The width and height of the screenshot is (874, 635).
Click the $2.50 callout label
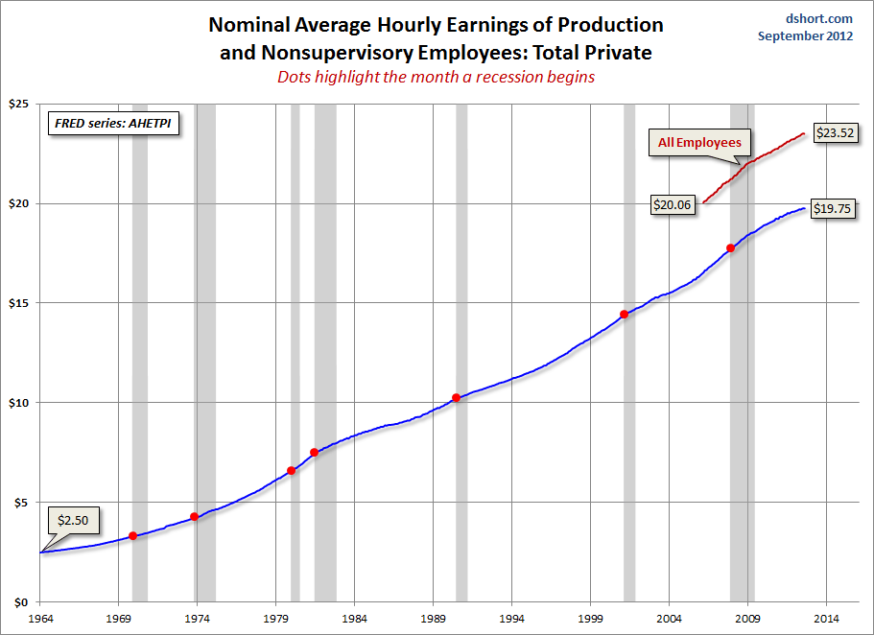72,520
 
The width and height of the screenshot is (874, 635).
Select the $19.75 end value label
832,208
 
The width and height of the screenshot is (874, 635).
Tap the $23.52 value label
833,133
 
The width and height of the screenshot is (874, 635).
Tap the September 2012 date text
805,36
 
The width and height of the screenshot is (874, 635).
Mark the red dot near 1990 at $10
456,398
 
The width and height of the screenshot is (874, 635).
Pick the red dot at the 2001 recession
624,315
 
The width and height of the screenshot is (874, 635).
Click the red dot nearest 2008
731,248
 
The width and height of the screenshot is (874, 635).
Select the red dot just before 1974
195,517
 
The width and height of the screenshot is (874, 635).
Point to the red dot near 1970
132,536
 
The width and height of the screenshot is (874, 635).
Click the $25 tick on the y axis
19,104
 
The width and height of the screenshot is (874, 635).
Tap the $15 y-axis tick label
19,303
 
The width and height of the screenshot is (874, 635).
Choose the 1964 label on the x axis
40,618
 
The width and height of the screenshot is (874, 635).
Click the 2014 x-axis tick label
827,618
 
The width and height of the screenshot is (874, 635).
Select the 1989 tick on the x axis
434,618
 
